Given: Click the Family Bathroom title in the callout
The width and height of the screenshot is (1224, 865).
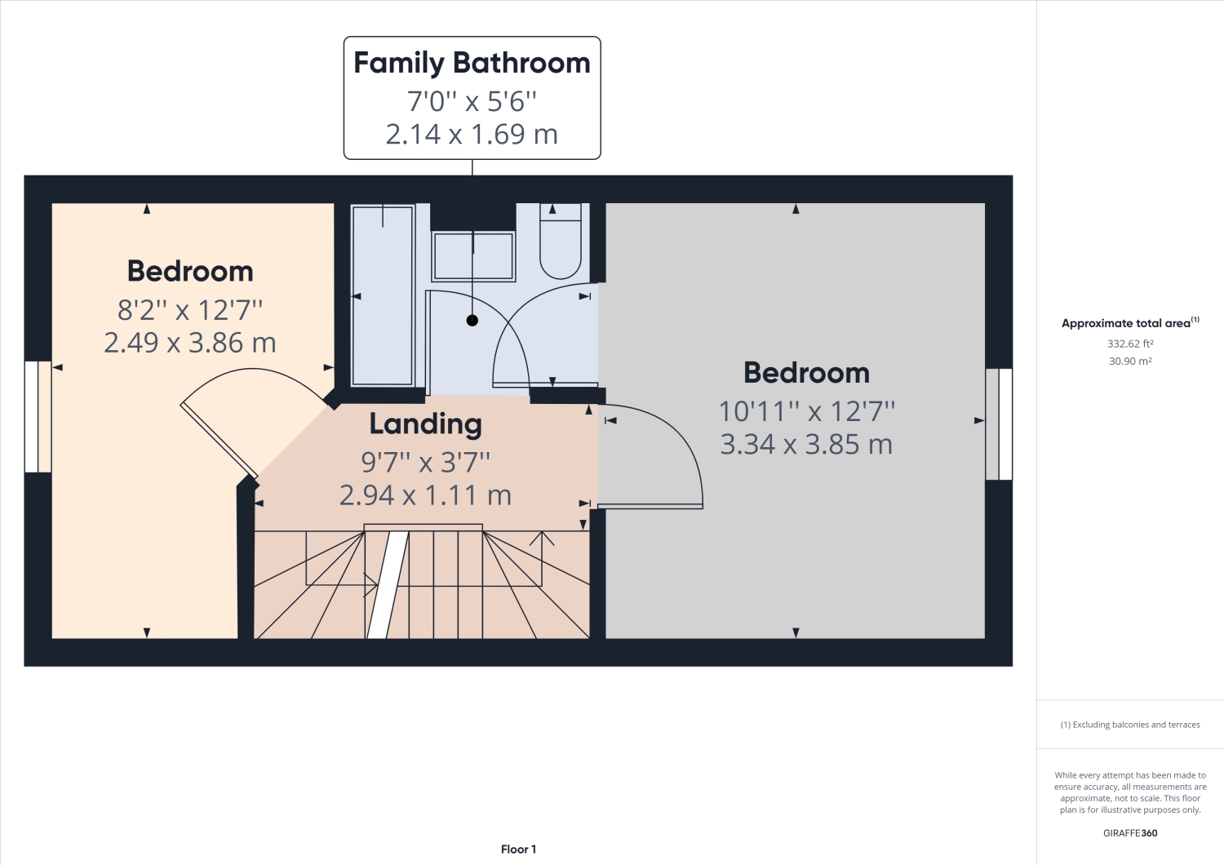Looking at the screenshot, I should [x=472, y=63].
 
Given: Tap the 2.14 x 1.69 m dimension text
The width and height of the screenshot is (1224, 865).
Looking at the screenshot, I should [x=472, y=134].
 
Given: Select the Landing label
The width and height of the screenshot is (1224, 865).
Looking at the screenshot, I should [x=425, y=424].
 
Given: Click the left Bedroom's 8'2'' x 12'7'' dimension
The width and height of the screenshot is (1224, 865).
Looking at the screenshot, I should [x=190, y=310].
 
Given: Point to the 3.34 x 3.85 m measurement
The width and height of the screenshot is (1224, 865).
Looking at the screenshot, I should [x=806, y=445].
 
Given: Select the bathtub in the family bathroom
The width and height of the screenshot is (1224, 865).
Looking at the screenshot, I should [x=382, y=295].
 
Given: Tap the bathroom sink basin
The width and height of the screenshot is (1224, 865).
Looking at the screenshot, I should [x=473, y=256].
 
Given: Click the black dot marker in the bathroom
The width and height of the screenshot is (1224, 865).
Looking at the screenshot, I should [x=472, y=321].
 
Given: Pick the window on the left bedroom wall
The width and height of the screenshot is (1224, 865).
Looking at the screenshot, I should [x=37, y=416].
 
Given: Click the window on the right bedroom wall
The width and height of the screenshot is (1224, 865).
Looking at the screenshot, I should [x=999, y=424].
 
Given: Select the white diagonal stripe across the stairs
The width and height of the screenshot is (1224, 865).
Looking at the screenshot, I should [x=387, y=584].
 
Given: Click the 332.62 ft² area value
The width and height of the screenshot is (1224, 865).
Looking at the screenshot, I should [x=1130, y=344].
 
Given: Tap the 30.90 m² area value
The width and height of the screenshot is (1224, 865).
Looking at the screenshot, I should [x=1130, y=361].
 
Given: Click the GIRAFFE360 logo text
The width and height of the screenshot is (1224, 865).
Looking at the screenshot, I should [x=1130, y=833].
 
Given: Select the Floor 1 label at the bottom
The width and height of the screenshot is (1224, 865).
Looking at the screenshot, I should [x=518, y=849].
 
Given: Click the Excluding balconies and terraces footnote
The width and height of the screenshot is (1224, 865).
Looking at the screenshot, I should [x=1130, y=725].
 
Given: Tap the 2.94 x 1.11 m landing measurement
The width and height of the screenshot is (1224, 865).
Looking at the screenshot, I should [x=425, y=495].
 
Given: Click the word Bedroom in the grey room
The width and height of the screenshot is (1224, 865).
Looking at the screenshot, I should [x=806, y=373].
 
